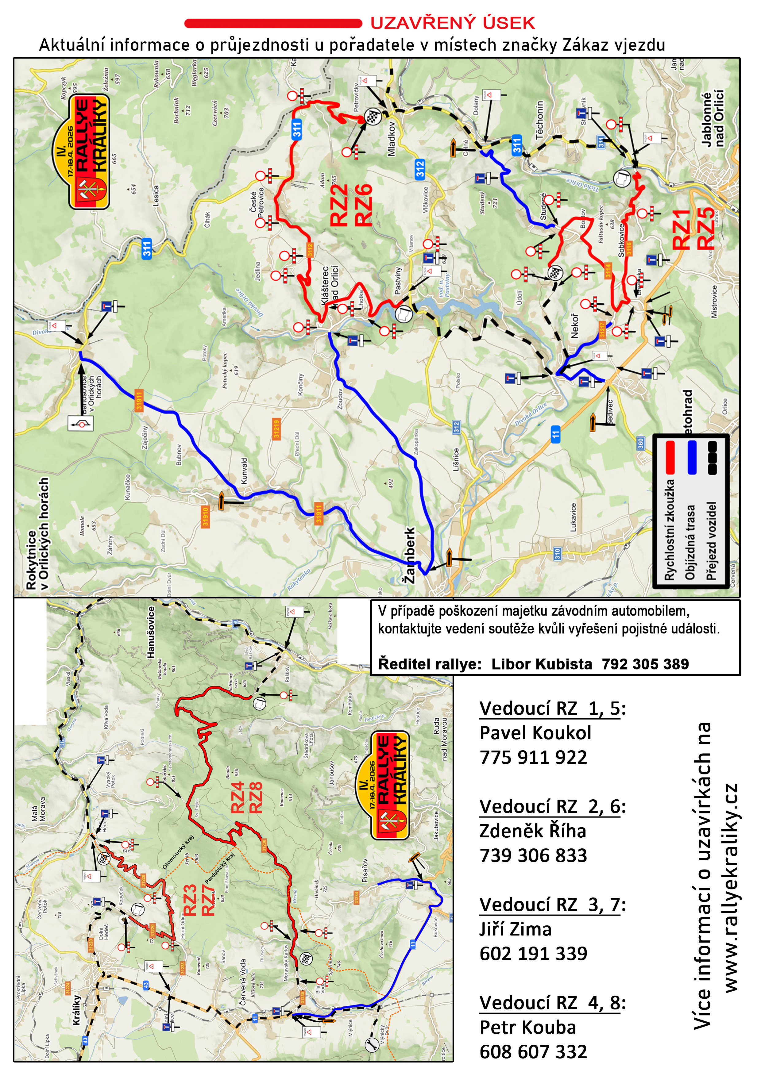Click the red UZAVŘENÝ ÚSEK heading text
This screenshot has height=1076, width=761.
[x=453, y=22]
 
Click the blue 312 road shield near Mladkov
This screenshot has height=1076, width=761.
[x=420, y=169]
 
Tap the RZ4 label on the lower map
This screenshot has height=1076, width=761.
[x=238, y=797]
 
